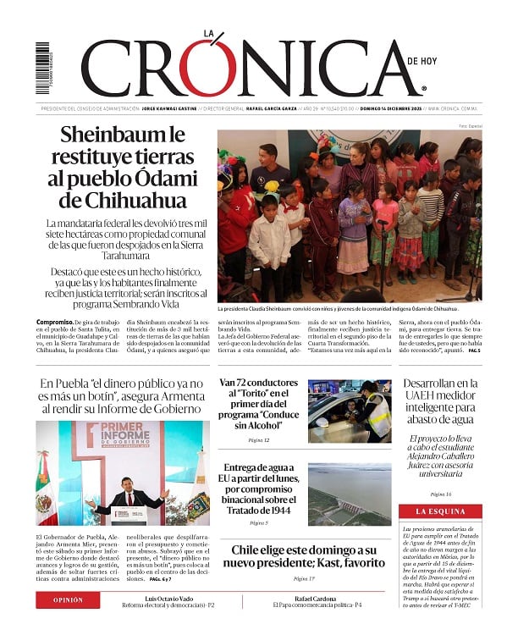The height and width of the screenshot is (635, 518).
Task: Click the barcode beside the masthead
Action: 42,69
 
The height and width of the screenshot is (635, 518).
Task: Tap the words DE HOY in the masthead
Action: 423,61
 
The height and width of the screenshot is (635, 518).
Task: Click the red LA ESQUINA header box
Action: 440,511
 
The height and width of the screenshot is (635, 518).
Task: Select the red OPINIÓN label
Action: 69,599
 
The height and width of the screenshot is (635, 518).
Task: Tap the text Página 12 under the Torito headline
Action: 259,440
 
